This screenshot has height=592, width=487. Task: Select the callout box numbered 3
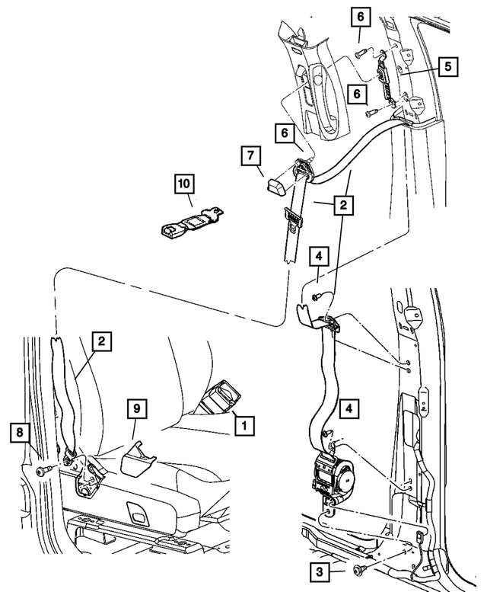click(x=319, y=570)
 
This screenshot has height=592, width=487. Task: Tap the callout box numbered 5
click(x=447, y=66)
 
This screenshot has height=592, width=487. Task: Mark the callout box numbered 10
click(x=184, y=183)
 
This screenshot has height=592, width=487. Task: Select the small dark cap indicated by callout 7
click(x=275, y=184)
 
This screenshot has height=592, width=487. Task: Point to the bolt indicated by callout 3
click(x=359, y=569)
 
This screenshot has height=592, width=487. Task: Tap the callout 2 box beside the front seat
click(x=100, y=344)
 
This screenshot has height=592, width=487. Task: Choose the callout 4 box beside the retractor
click(x=349, y=408)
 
